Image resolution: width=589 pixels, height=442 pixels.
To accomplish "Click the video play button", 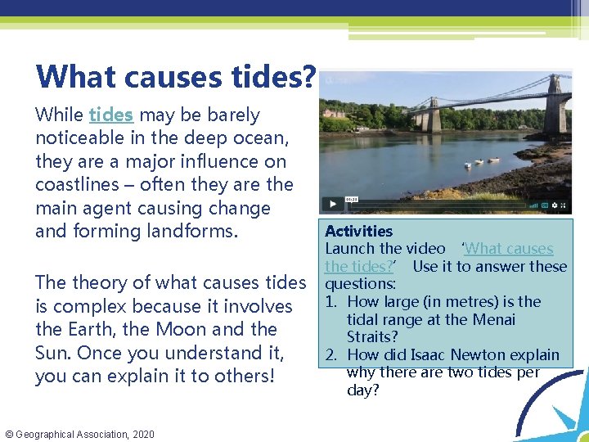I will [332, 204].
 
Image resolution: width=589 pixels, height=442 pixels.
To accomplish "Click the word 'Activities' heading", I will [358, 232].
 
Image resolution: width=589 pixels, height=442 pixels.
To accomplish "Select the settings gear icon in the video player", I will [554, 205].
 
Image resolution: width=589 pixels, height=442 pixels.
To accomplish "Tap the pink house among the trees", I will [334, 113].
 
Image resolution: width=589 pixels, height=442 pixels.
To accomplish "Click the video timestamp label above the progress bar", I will [351, 198].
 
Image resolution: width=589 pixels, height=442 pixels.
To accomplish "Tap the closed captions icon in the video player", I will [543, 205].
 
